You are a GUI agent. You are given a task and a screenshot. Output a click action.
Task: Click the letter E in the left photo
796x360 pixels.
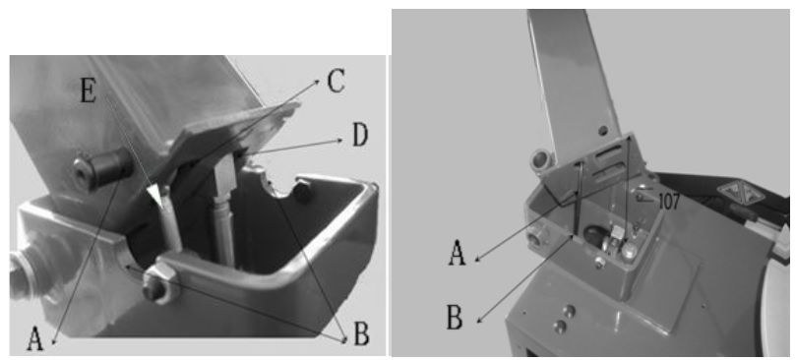[89, 91]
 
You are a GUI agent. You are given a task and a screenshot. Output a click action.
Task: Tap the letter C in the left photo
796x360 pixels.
[337, 81]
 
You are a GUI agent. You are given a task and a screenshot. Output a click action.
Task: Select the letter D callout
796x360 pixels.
[360, 136]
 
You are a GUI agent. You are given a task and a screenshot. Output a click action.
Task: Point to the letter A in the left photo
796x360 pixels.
[34, 339]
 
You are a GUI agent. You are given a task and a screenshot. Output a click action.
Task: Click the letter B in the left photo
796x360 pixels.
[361, 334]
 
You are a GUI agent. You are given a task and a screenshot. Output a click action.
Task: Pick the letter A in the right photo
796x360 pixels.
[457, 253]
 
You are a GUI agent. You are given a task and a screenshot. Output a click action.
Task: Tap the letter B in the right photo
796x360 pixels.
[455, 318]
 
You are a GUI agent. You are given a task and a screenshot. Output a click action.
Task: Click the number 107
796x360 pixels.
[668, 202]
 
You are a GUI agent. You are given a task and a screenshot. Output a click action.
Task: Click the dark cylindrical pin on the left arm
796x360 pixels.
[103, 167]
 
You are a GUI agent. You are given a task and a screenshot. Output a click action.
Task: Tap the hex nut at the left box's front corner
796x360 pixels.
[158, 283]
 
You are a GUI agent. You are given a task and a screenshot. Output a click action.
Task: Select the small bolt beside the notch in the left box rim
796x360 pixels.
[303, 193]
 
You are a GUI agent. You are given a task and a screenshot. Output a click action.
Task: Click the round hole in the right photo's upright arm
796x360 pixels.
[602, 131]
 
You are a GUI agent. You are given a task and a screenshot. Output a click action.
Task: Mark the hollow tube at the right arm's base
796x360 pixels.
[539, 161]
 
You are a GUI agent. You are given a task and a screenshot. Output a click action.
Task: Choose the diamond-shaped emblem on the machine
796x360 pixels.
[733, 194]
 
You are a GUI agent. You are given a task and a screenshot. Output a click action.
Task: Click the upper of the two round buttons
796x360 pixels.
[570, 309]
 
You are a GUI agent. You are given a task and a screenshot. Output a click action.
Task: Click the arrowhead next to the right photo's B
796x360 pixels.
[478, 321]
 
